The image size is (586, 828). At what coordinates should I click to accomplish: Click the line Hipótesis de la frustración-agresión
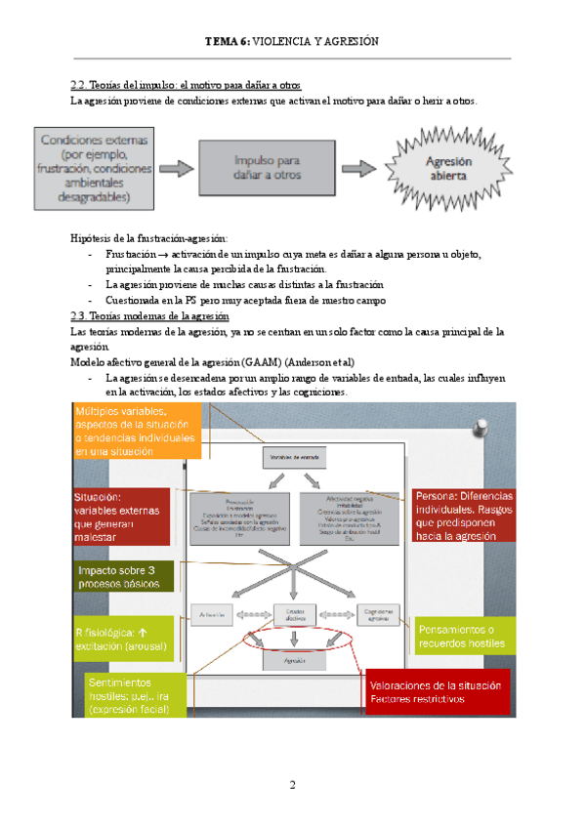pos(149,238)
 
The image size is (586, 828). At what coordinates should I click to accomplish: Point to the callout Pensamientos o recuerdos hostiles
pos(463,637)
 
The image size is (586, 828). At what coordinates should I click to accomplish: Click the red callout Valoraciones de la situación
pos(437,691)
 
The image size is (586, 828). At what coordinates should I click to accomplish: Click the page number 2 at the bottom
pos(291,785)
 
